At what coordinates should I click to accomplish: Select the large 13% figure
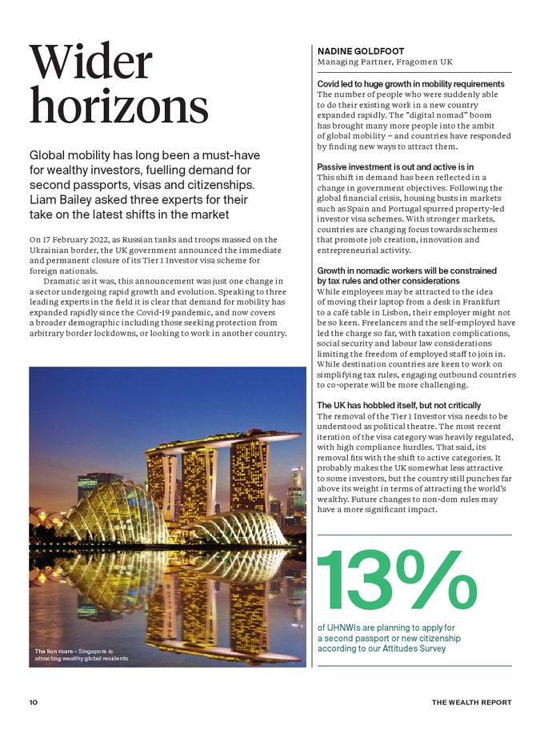pos(397,579)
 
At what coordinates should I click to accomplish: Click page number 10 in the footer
pos(33,702)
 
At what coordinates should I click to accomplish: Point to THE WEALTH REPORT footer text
pos(471,702)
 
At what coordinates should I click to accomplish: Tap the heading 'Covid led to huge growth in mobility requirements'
pos(410,84)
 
